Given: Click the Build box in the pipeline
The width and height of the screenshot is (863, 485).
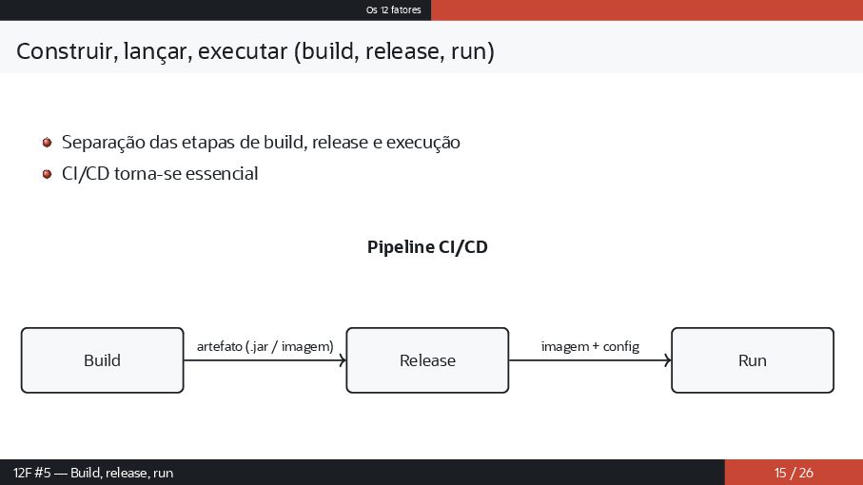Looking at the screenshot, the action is pos(102,360).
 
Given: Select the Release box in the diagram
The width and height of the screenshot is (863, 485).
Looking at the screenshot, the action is pos(427,360).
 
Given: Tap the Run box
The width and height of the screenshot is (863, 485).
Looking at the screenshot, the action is pos(753,360).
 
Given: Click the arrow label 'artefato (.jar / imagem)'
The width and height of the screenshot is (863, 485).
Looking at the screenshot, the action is pos(265,346).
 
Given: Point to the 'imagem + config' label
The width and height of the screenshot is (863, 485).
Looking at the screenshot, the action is pos(590,346).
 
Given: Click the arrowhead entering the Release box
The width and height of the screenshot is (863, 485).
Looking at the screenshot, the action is pos(343,360).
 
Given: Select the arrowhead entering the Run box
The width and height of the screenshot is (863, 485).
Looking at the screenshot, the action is pos(668,360).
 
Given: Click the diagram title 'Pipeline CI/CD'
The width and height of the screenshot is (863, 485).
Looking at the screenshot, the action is pos(427,247).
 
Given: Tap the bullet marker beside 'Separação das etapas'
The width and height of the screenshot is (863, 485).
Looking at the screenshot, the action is pos(47,143).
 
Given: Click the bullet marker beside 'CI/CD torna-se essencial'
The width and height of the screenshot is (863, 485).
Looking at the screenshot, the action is pos(47,174).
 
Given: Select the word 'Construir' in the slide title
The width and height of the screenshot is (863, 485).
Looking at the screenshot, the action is pos(62,50).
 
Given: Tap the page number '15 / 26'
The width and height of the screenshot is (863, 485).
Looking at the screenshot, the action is pos(794,473).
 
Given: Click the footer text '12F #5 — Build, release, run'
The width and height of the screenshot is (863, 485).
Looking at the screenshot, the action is pos(93,473).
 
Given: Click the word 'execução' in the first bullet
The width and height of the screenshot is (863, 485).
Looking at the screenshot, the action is pos(424,144).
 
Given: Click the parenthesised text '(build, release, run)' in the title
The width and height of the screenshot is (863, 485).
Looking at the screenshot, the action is pos(392,50).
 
